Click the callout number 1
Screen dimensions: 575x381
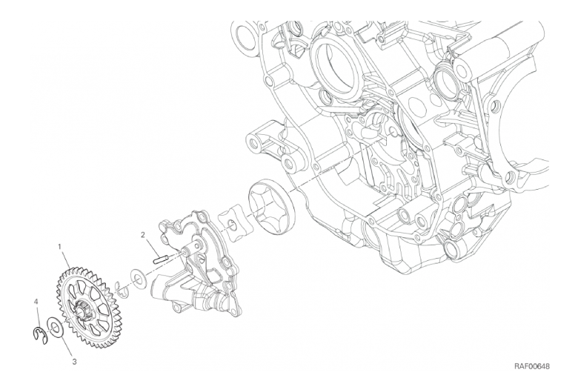tap(60, 246)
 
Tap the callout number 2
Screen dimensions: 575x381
tap(143, 234)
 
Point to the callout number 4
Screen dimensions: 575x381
tap(36, 302)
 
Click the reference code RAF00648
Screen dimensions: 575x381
tap(532, 366)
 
